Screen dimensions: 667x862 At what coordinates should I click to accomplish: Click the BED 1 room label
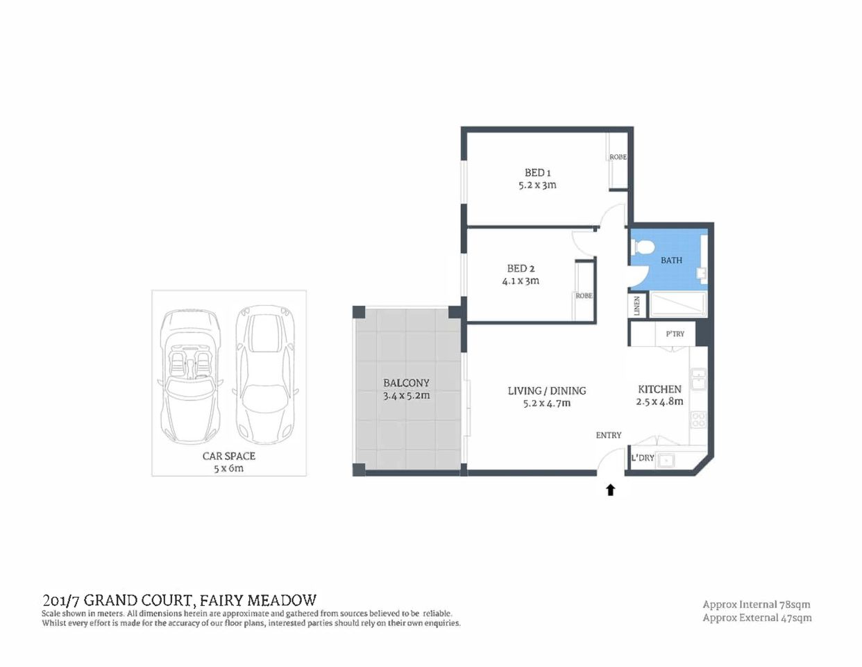(x=537, y=172)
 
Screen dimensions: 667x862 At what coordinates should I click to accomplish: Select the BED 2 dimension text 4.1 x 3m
(x=521, y=281)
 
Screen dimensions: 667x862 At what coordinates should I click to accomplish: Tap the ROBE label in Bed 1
(x=618, y=157)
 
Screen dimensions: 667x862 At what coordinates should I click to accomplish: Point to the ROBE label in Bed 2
(x=584, y=296)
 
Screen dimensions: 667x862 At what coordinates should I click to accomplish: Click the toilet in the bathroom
(x=642, y=247)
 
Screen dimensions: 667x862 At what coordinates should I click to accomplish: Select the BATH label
(x=671, y=261)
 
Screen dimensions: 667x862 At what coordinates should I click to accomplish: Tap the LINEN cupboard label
(x=636, y=306)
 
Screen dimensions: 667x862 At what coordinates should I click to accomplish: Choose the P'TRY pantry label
(x=675, y=334)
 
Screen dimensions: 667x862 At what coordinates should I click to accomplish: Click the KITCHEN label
(x=659, y=389)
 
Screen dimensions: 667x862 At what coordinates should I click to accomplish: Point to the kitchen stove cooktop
(x=698, y=420)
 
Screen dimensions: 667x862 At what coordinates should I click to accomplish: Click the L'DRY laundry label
(x=643, y=458)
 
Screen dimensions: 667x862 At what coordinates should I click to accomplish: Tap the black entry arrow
(x=611, y=491)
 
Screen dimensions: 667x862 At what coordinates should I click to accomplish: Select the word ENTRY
(x=609, y=435)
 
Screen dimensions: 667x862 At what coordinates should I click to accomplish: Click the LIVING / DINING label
(x=547, y=390)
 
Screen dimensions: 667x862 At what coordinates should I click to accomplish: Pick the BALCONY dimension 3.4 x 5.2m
(x=406, y=396)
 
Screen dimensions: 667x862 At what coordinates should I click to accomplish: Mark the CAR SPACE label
(x=229, y=456)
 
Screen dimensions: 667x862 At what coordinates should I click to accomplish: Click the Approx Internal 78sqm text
(x=757, y=604)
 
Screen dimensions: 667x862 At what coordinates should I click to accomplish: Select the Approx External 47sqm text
(x=757, y=618)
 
